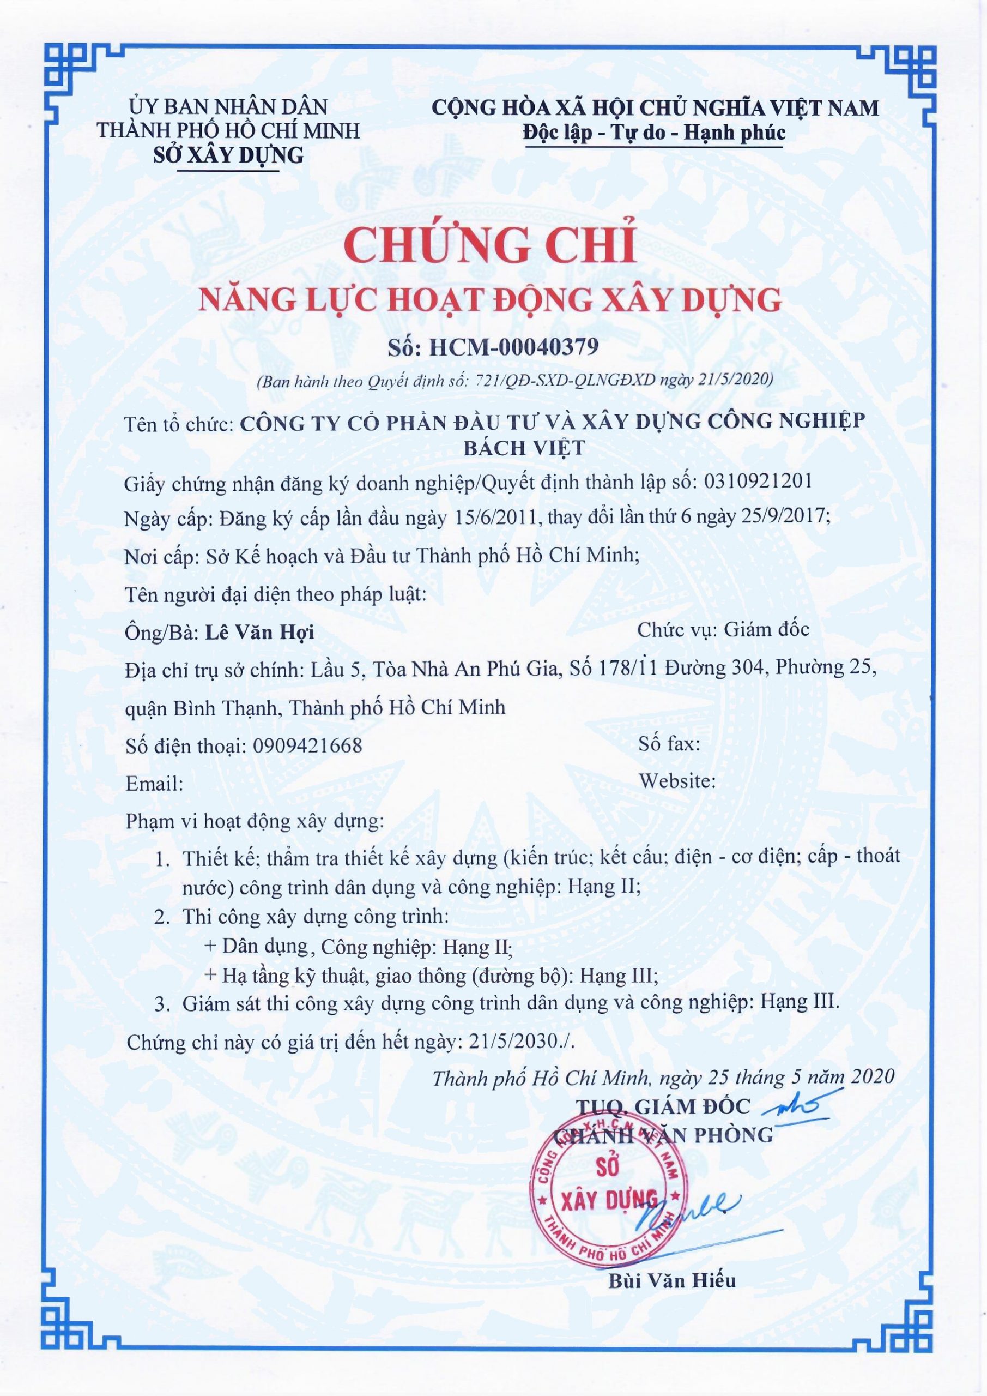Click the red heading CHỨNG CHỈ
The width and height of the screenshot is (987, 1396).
coord(493,244)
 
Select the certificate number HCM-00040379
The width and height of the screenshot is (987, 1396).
coord(513,347)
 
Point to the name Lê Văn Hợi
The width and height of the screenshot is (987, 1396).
coord(259,633)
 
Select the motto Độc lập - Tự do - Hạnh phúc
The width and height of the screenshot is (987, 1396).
coord(654,133)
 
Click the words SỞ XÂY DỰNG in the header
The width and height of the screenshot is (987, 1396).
coord(228,155)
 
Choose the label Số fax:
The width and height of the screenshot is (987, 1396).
coord(669,743)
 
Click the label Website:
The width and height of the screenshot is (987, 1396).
coord(677,781)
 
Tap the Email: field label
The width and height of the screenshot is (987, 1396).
coord(154,784)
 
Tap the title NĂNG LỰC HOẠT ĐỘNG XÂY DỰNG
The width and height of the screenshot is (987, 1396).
coord(493,300)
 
